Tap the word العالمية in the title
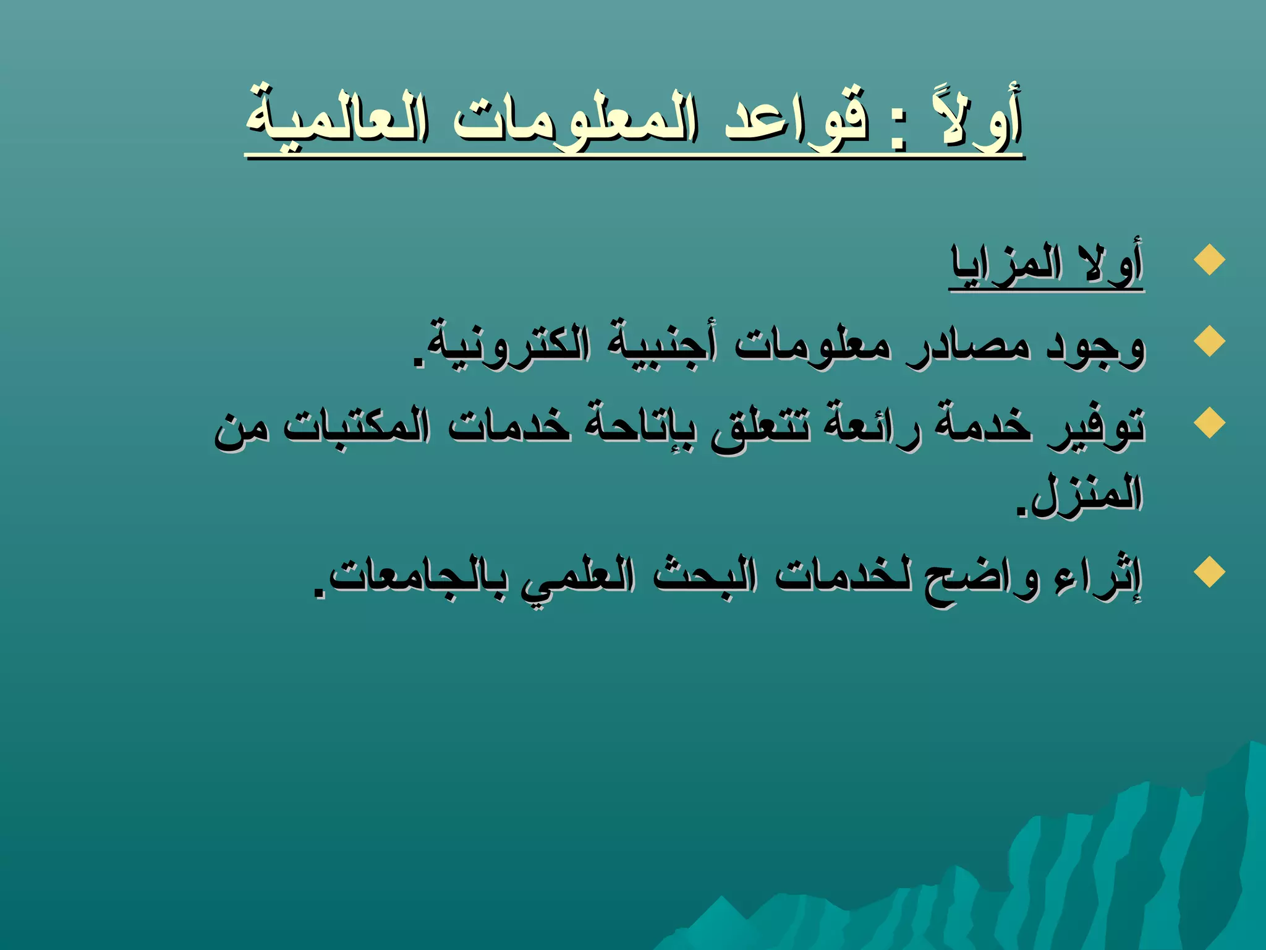pyautogui.click(x=338, y=118)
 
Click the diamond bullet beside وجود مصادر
pyautogui.click(x=1209, y=341)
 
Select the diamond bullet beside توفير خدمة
pyautogui.click(x=1209, y=424)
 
